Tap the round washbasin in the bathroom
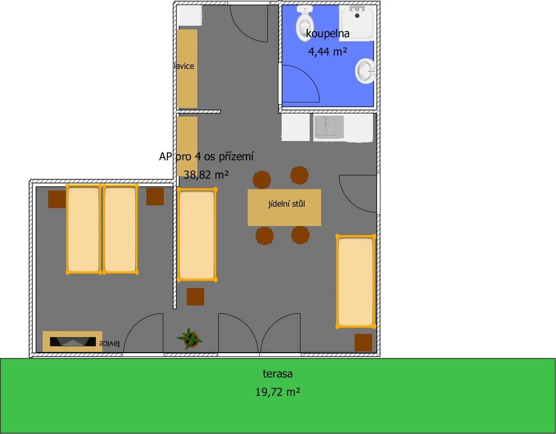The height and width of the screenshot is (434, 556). coord(365,71)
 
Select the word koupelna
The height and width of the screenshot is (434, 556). coord(328,34)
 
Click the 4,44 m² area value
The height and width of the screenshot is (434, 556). coord(328,52)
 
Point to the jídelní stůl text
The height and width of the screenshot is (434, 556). coord(287,204)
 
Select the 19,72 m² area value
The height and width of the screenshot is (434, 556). coord(278,392)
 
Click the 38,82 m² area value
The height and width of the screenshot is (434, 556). coord(206,175)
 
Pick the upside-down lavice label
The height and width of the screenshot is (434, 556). coord(109,344)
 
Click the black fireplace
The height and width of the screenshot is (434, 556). coord(72,342)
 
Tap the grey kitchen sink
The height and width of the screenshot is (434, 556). coord(329,126)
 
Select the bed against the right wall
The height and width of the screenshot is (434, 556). coord(356,282)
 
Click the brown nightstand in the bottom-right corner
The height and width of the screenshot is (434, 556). coord(363,342)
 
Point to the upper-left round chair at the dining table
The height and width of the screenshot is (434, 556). coord(262,180)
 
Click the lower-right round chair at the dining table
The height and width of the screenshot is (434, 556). coord(300,235)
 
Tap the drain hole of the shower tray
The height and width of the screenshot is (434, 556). coord(357,16)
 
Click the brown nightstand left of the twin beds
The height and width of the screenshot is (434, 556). coord(57,199)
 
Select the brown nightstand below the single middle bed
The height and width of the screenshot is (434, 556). coord(195,297)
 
